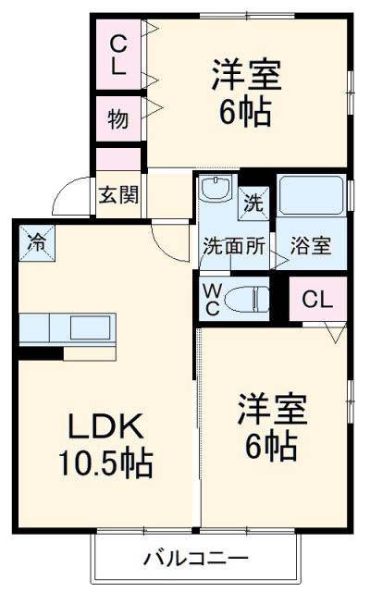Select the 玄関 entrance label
pos(118,194)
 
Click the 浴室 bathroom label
pos(311,247)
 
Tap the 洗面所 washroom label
pos(235,247)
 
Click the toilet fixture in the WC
pos(249,297)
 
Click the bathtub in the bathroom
pos(310,194)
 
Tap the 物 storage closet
pos(117,118)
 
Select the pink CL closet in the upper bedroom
pos(118,55)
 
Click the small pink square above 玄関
pos(118,159)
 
